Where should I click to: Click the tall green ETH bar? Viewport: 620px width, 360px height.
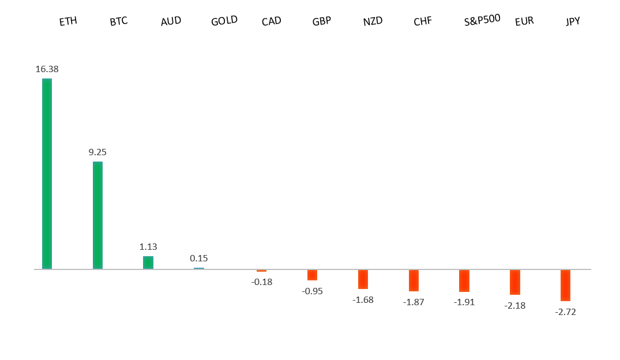click(x=47, y=174)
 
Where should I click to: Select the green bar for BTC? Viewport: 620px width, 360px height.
click(x=97, y=215)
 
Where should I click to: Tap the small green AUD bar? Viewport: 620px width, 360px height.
click(x=148, y=262)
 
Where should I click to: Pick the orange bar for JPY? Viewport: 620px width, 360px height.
click(x=565, y=285)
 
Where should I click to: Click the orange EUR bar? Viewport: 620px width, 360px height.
click(x=514, y=282)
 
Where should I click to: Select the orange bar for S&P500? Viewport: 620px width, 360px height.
click(x=464, y=280)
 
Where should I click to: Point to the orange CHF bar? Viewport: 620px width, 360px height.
click(x=414, y=280)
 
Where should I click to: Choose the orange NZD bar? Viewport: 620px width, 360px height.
click(x=363, y=279)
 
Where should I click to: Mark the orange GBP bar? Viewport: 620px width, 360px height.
click(x=312, y=275)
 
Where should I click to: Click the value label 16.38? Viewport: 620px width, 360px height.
click(x=47, y=69)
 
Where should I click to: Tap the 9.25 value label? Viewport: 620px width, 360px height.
click(x=97, y=152)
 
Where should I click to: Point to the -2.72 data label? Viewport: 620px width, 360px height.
click(x=565, y=312)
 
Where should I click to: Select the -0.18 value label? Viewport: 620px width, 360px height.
click(x=261, y=282)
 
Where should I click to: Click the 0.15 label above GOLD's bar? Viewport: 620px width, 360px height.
click(x=199, y=258)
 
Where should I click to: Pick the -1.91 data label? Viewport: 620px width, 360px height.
click(x=464, y=302)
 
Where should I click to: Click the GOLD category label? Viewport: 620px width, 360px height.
click(x=224, y=21)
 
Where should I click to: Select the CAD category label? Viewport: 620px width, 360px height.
click(x=271, y=21)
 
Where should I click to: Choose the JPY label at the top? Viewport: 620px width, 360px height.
click(x=573, y=21)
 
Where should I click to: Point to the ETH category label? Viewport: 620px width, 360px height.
click(x=68, y=21)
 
